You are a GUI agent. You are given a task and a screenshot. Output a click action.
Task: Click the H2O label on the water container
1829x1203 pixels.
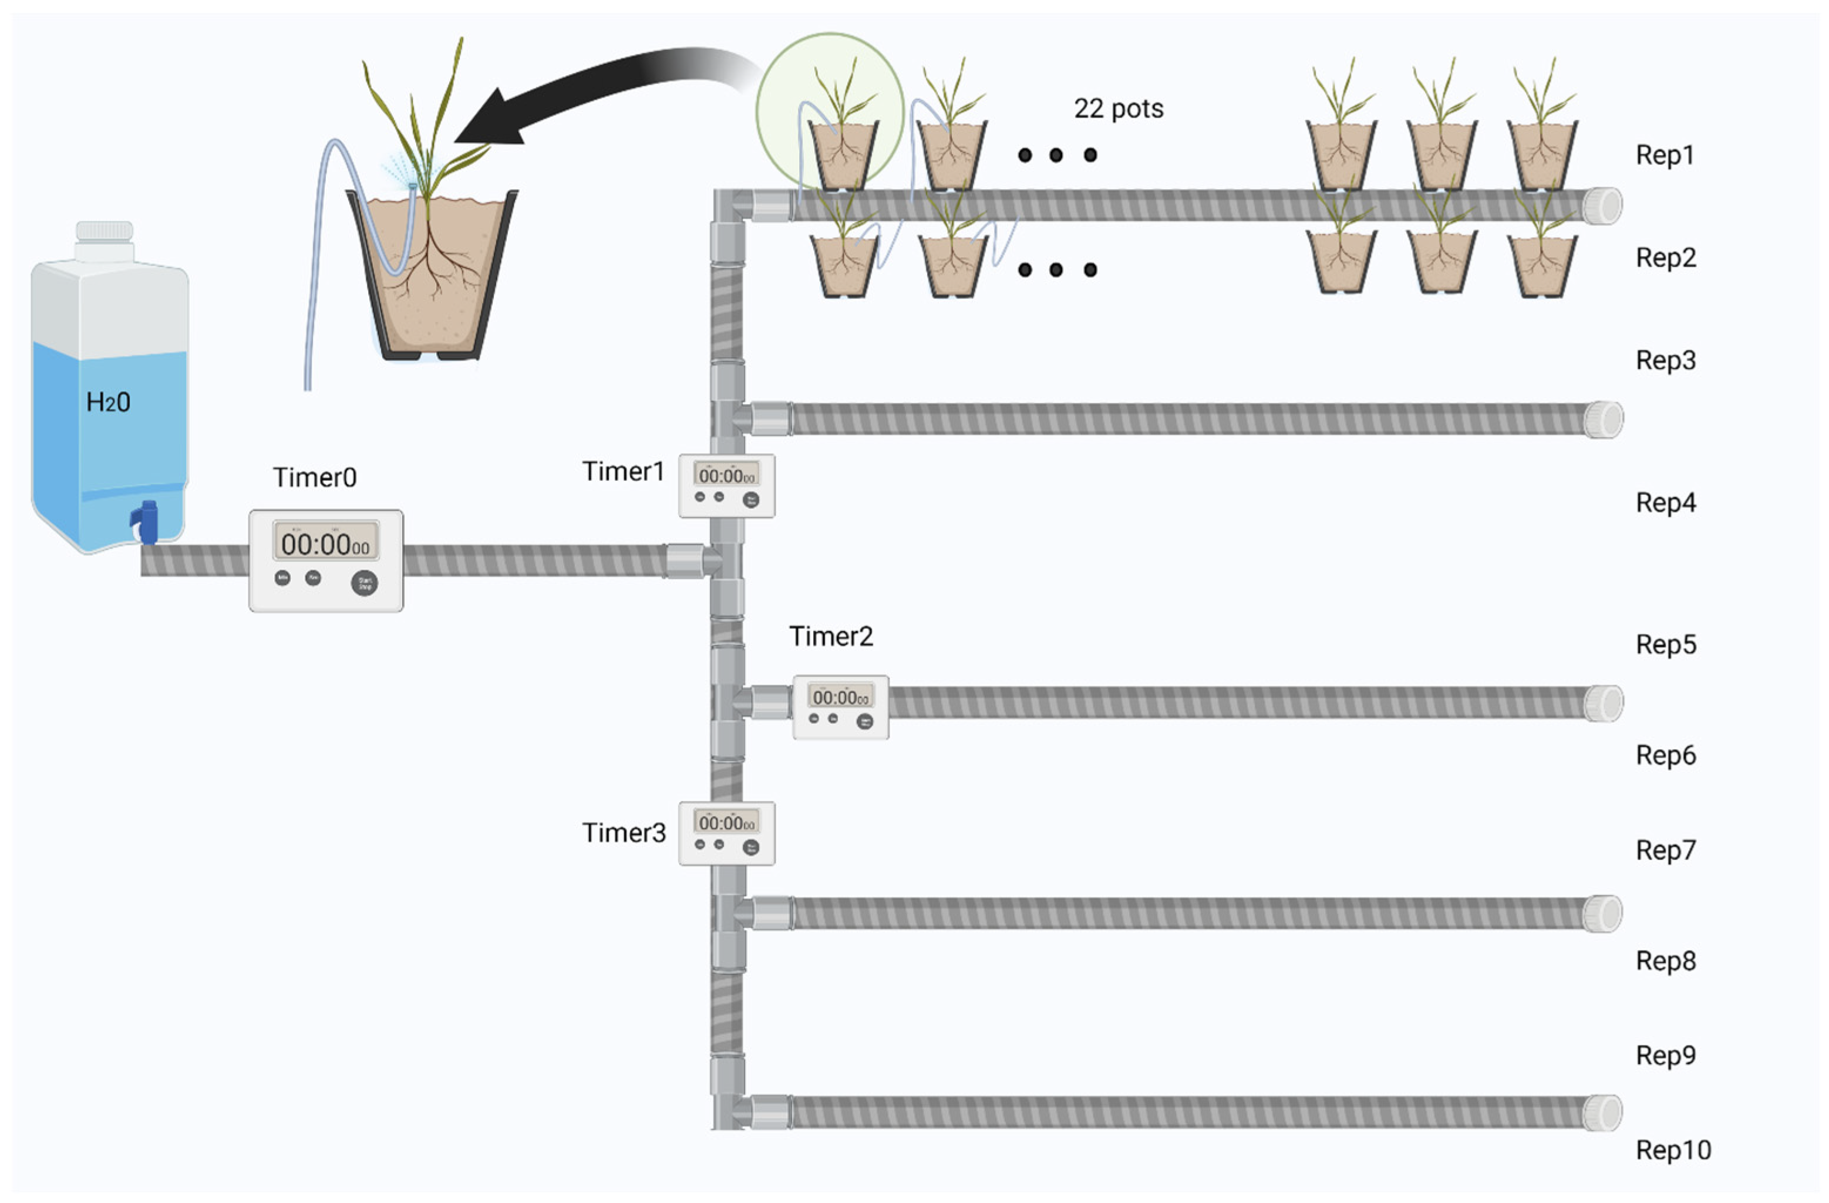point(107,402)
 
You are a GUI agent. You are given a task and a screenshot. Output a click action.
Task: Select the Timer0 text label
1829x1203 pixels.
point(314,478)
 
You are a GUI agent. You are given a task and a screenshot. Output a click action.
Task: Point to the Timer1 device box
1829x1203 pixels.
point(726,486)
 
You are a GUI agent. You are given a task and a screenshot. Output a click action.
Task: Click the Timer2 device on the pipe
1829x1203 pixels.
point(840,707)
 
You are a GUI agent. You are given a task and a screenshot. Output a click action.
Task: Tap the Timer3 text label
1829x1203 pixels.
point(623,833)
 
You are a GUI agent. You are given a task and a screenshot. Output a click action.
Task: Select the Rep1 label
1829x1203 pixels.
point(1665,155)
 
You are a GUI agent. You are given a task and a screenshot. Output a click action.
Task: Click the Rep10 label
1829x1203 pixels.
point(1673,1150)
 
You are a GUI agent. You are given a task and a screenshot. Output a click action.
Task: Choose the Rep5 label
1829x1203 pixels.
point(1665,645)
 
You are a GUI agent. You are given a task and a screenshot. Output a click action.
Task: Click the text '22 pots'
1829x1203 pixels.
point(1118,109)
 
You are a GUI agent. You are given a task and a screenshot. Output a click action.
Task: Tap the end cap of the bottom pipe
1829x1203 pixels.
point(1604,1113)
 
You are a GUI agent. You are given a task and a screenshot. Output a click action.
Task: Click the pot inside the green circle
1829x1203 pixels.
point(843,154)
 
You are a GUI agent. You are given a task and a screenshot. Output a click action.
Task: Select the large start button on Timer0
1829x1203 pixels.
point(364,583)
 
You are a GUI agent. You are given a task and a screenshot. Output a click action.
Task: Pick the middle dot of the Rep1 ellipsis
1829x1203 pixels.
point(1057,155)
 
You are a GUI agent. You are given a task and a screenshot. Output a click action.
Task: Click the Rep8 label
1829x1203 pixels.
point(1665,961)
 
